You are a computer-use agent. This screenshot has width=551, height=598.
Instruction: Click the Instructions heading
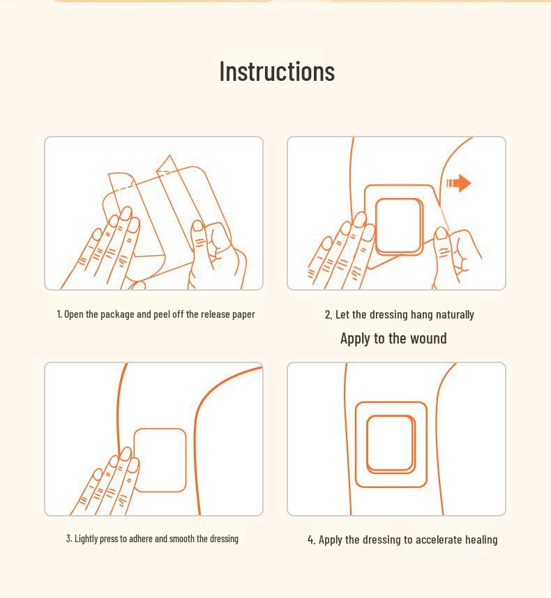pos(277,71)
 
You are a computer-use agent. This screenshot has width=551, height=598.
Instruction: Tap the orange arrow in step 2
pos(459,183)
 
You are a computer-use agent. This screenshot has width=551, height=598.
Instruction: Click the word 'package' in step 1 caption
pos(117,314)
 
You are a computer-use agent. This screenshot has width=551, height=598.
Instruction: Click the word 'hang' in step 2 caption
pos(422,314)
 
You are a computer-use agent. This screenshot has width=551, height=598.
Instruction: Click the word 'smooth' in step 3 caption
pos(181,539)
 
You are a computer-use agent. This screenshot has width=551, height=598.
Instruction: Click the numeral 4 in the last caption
pos(311,540)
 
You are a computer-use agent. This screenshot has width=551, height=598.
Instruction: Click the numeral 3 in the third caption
pos(68,539)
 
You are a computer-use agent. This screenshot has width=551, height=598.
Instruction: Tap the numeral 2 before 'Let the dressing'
pos(328,314)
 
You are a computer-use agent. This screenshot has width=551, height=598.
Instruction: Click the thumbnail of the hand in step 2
pos(441,233)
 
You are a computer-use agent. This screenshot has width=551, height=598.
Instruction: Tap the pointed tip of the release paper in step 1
pos(169,155)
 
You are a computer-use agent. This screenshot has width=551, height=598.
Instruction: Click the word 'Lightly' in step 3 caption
pos(86,539)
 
